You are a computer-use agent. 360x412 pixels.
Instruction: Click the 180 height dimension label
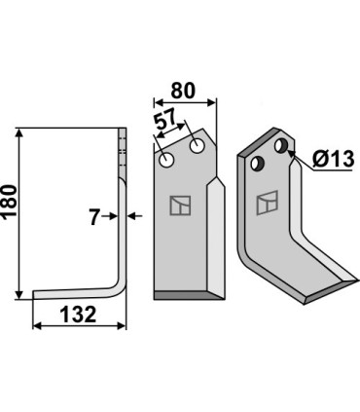[9, 201]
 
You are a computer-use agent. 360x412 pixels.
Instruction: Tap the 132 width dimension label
[79, 315]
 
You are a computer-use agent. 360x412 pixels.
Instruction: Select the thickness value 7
[94, 217]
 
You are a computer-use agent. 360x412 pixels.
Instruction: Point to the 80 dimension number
[183, 91]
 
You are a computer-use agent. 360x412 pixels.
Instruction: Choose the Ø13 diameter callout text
[333, 159]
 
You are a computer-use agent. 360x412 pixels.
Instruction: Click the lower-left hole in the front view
[167, 161]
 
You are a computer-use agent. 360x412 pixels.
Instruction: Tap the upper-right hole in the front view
[197, 146]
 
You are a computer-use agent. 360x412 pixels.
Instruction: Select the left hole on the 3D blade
[257, 164]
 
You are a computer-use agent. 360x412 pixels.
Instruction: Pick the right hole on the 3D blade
[281, 146]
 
